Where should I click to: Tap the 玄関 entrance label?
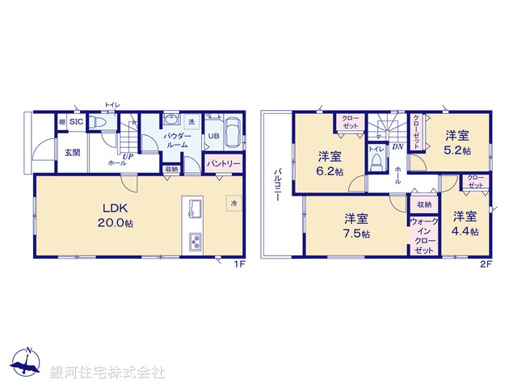(72, 153)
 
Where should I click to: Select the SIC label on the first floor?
(75, 122)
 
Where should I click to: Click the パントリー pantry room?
(223, 163)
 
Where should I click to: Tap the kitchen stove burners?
(195, 242)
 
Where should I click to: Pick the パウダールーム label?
(176, 140)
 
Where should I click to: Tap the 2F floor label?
(485, 264)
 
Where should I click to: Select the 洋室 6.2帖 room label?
(330, 163)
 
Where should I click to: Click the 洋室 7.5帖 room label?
(356, 226)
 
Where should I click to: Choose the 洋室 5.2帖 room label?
(457, 144)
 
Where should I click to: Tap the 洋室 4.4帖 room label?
(464, 223)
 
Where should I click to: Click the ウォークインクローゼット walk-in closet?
(423, 234)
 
